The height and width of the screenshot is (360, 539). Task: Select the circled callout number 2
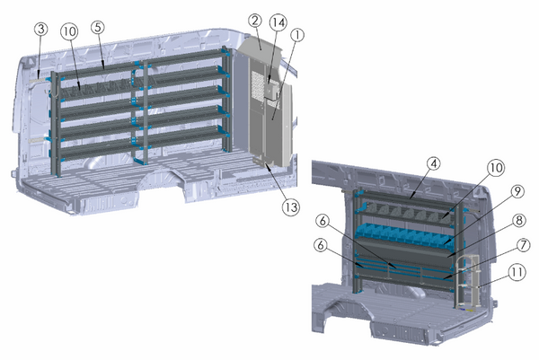coord(255,20)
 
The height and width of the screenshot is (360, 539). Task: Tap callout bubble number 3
coord(40,30)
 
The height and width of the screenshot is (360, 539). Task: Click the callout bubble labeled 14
coord(278,20)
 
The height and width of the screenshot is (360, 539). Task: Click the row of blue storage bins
coord(404,235)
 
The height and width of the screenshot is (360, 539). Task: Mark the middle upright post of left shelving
coord(140,112)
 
